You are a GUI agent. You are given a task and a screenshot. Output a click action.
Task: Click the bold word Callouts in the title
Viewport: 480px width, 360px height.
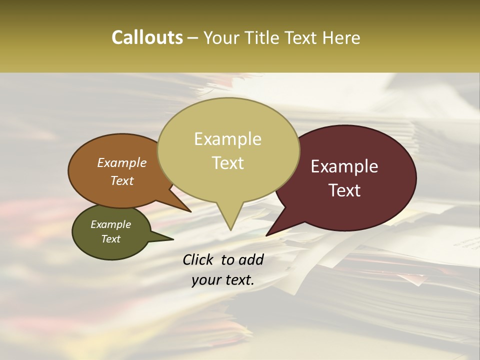(147, 37)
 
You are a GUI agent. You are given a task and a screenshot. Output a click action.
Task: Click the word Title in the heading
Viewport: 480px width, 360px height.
(264, 37)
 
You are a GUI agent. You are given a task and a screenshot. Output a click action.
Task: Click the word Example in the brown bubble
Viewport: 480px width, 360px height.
(122, 162)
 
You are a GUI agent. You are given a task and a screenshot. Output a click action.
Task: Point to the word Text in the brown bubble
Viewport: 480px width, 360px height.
(122, 180)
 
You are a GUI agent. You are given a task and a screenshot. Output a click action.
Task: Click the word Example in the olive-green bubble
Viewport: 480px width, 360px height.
(111, 224)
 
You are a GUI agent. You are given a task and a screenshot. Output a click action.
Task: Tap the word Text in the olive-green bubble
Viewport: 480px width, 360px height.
(111, 238)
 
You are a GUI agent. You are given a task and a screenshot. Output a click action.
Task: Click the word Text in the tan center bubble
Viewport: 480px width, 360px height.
(228, 162)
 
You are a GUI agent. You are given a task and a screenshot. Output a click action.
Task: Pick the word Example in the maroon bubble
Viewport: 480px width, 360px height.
(344, 166)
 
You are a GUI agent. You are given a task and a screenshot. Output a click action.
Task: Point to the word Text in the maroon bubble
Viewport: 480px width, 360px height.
(344, 190)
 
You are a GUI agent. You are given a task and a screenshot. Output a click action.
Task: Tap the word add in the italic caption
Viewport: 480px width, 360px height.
(251, 259)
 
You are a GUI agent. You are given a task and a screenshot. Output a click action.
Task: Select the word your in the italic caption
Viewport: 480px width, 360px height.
(204, 280)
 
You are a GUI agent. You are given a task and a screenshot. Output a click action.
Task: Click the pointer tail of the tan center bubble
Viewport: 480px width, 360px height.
(230, 220)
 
